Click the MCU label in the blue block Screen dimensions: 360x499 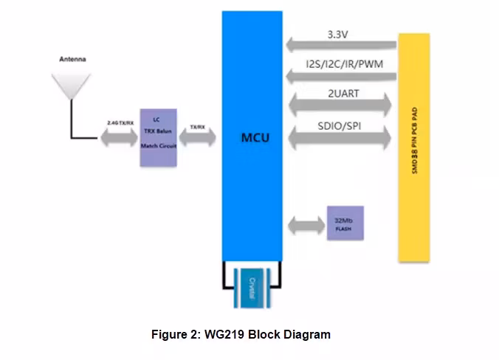(x=254, y=138)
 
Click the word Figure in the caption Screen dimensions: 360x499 (x=169, y=334)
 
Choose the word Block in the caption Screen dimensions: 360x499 (x=264, y=334)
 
